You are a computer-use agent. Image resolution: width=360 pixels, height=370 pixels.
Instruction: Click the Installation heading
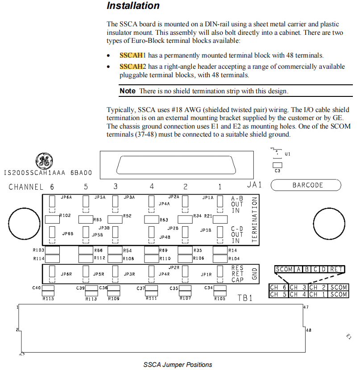point(133,6)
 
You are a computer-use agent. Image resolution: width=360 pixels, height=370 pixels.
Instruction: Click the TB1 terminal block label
point(245,298)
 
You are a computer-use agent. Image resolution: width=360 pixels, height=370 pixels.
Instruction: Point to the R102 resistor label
point(65,216)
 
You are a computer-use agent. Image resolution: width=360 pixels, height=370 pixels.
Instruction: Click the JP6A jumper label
point(66,197)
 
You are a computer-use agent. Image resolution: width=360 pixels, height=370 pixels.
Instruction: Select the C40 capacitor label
point(37,288)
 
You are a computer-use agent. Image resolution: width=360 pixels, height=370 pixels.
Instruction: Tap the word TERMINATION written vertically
point(255,220)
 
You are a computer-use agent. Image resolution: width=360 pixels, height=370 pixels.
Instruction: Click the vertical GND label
point(255,274)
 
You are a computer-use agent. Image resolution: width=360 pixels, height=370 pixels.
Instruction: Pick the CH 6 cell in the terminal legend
point(279,287)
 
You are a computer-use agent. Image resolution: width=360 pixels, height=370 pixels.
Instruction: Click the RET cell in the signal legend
point(337,269)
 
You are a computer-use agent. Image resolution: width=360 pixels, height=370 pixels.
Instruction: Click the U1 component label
point(287,154)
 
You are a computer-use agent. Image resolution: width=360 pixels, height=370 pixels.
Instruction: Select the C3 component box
point(277,170)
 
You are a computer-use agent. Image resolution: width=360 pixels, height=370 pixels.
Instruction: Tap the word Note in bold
point(128,91)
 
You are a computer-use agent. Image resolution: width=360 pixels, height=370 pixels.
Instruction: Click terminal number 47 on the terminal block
point(306,308)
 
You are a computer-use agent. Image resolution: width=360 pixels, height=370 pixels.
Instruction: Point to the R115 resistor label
point(48,299)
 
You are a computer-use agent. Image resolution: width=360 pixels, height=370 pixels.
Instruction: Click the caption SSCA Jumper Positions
point(178,365)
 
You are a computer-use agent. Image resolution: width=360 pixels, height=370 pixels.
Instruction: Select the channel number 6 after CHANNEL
point(52,187)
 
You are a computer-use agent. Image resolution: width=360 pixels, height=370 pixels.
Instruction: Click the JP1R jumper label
point(206,274)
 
